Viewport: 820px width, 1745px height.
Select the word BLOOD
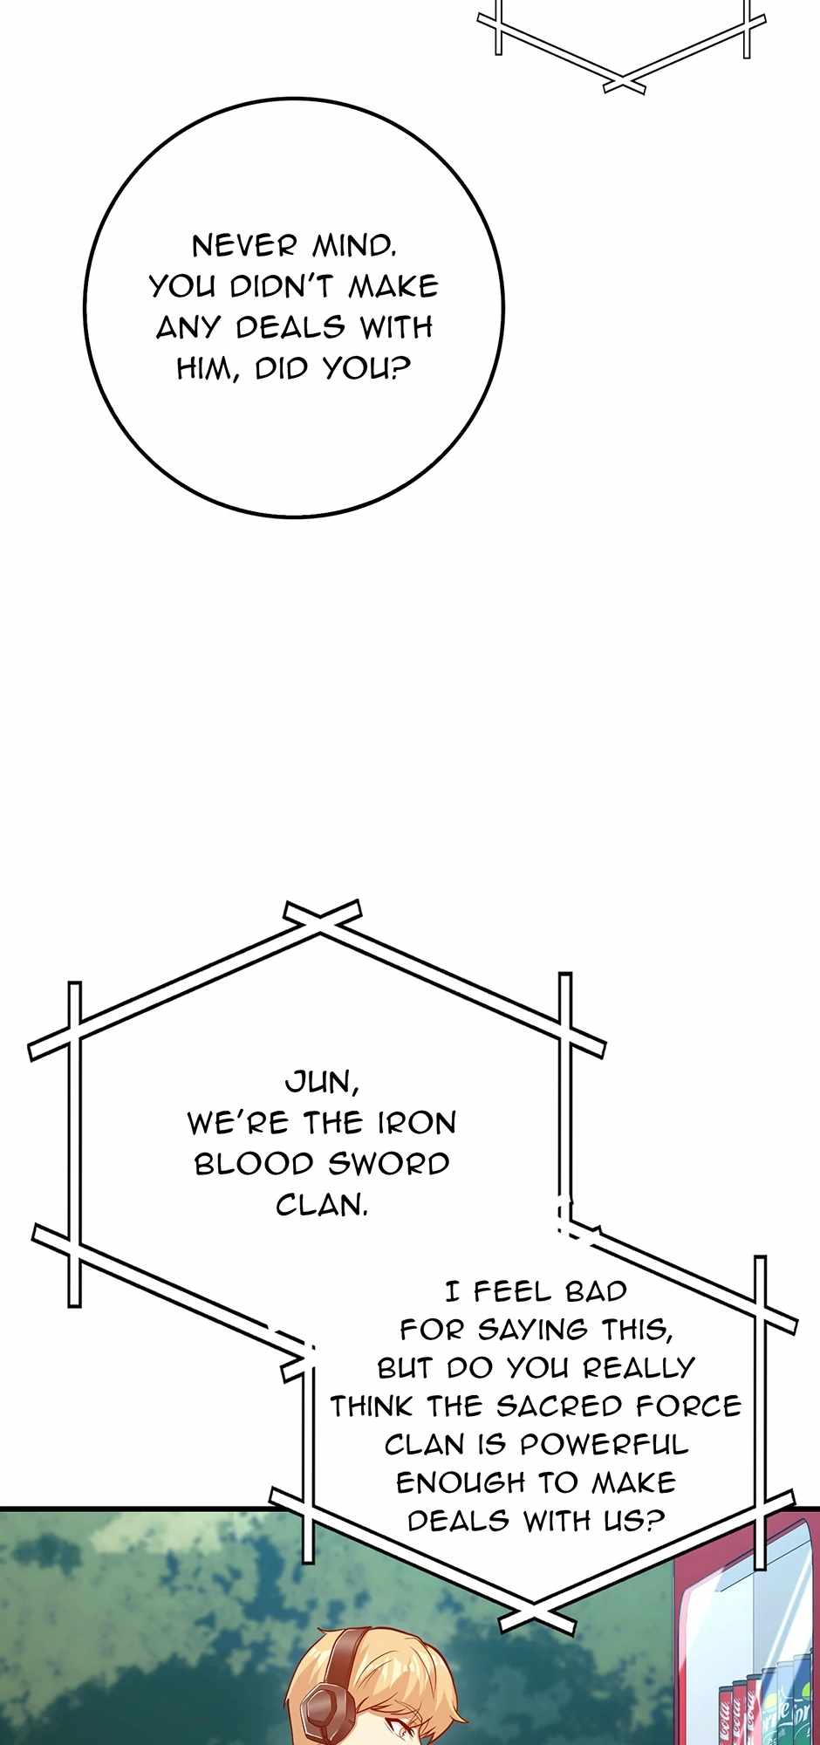pos(254,1164)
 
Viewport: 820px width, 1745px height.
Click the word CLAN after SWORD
pos(321,1205)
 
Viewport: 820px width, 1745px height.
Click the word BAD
pos(596,1290)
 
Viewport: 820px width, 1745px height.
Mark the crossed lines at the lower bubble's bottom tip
pos(532,1608)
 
